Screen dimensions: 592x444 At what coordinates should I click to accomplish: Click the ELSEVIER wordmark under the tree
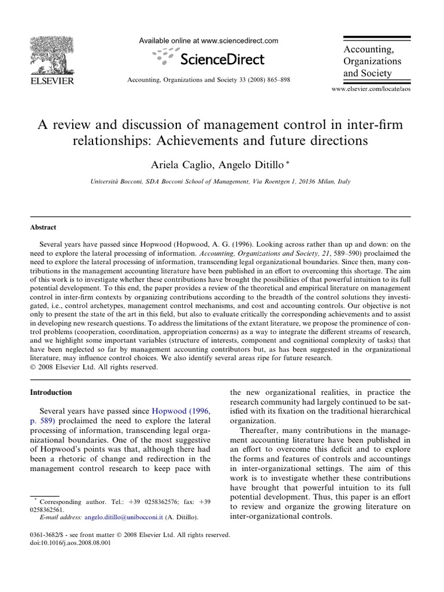pos(51,81)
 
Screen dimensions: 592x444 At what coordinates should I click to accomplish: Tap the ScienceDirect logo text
pos(222,59)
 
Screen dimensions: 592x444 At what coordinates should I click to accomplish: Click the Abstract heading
pos(43,228)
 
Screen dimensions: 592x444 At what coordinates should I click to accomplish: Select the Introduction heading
pos(51,392)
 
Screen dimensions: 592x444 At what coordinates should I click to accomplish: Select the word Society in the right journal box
pos(374,73)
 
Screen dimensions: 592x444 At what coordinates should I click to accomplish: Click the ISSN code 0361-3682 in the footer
pos(45,535)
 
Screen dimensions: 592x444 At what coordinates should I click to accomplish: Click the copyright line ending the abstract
pos(93,366)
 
